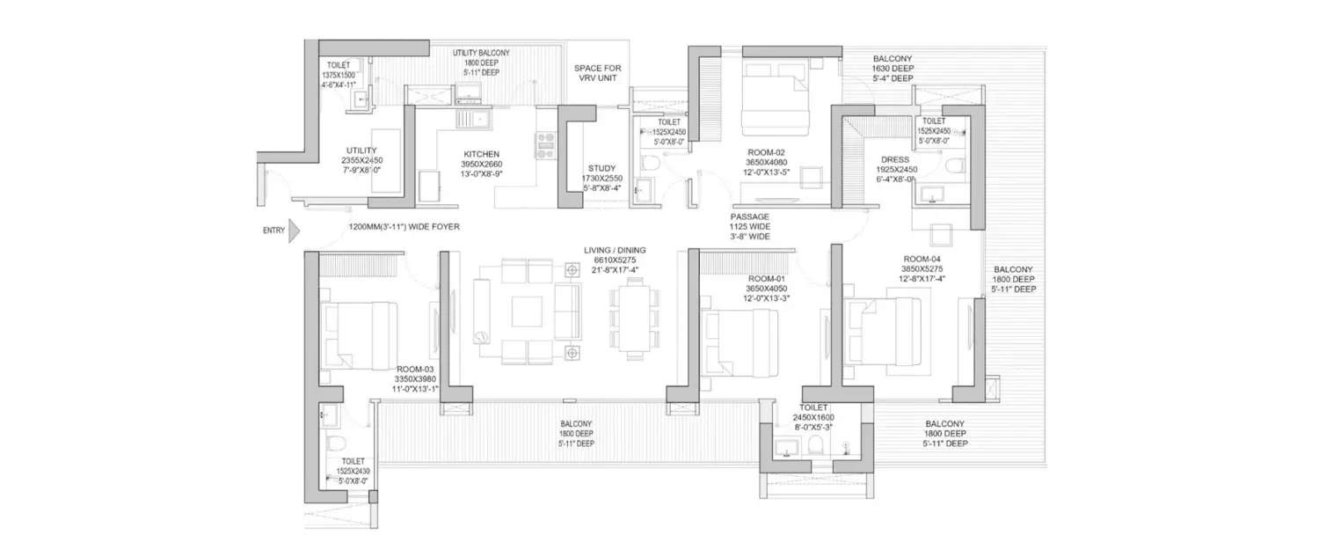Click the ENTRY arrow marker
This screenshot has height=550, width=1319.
[x=295, y=231]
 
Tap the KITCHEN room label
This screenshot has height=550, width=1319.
[x=481, y=154]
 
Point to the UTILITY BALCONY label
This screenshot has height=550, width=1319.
[x=481, y=53]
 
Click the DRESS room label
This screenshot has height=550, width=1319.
[x=894, y=159]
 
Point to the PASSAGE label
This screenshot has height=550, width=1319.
[x=748, y=216]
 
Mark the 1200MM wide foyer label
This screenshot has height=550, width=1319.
[x=404, y=226]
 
